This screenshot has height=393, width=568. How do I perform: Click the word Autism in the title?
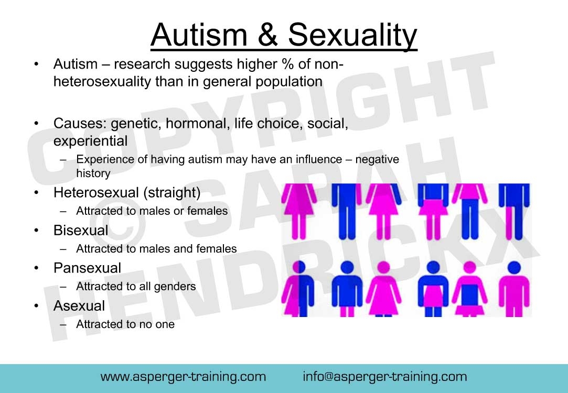click(x=199, y=35)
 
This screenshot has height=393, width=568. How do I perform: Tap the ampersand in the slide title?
click(x=267, y=35)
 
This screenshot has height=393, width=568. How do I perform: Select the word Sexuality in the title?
click(x=352, y=36)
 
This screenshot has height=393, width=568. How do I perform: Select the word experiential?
click(x=90, y=141)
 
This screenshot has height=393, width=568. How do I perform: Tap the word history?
click(x=93, y=173)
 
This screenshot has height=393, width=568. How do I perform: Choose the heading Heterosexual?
click(x=96, y=192)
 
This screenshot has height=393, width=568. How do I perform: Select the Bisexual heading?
click(x=81, y=230)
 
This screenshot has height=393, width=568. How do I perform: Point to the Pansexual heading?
click(x=87, y=268)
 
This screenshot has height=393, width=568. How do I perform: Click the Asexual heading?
click(x=79, y=306)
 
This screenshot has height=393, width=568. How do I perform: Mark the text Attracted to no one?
click(x=125, y=324)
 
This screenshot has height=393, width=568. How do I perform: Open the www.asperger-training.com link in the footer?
click(x=183, y=377)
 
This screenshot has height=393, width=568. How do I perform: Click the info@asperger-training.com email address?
click(x=385, y=377)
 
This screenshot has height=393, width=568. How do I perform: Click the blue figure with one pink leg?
click(x=514, y=211)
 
